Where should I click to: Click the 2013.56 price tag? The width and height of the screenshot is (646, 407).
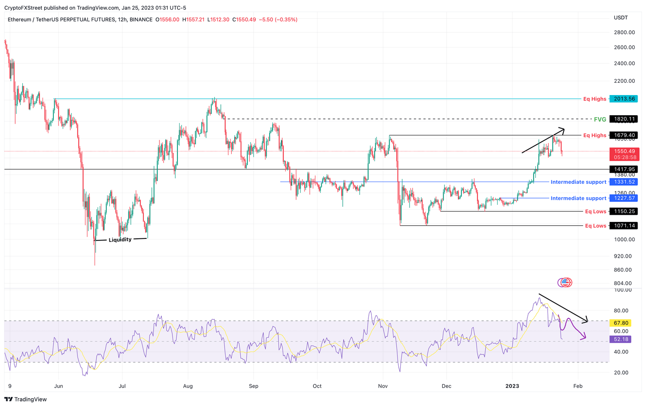pyautogui.click(x=624, y=99)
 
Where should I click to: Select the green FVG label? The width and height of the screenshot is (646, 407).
pyautogui.click(x=600, y=119)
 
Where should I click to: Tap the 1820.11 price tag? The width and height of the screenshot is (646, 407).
pyautogui.click(x=624, y=119)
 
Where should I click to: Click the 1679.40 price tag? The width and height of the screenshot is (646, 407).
pyautogui.click(x=624, y=135)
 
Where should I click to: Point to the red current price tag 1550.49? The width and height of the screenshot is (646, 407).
pyautogui.click(x=624, y=151)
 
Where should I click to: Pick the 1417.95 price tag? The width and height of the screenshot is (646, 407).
pyautogui.click(x=624, y=169)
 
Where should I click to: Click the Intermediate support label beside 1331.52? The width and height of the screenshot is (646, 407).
pyautogui.click(x=578, y=182)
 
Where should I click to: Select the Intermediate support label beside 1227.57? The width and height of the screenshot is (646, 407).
pyautogui.click(x=578, y=198)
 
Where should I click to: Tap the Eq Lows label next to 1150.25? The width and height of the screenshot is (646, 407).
pyautogui.click(x=596, y=211)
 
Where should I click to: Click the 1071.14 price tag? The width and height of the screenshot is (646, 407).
pyautogui.click(x=624, y=226)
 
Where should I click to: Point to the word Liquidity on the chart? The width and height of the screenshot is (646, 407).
pyautogui.click(x=120, y=240)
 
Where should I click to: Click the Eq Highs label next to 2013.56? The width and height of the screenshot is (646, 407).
pyautogui.click(x=595, y=99)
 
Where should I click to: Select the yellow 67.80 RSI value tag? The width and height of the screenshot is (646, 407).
pyautogui.click(x=621, y=323)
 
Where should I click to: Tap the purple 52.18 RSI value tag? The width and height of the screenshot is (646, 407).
pyautogui.click(x=621, y=339)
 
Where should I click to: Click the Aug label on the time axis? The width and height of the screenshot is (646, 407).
pyautogui.click(x=188, y=386)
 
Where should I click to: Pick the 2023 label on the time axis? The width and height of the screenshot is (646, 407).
pyautogui.click(x=512, y=386)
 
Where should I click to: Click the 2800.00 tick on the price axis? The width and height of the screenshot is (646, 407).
pyautogui.click(x=624, y=32)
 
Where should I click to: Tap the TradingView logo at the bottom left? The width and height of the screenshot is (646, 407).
pyautogui.click(x=26, y=399)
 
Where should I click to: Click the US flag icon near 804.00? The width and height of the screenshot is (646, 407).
pyautogui.click(x=566, y=283)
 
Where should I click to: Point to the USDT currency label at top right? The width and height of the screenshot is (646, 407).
pyautogui.click(x=621, y=18)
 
